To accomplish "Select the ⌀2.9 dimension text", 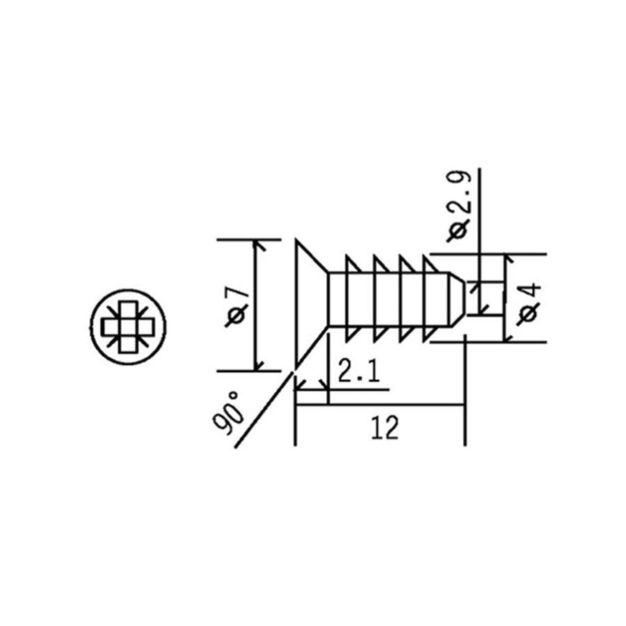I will (x=460, y=205).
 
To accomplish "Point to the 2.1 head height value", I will (x=358, y=373).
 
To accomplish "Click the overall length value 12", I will (x=384, y=428).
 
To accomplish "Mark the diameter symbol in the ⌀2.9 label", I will (x=460, y=230).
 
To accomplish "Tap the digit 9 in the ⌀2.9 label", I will (x=460, y=182).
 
